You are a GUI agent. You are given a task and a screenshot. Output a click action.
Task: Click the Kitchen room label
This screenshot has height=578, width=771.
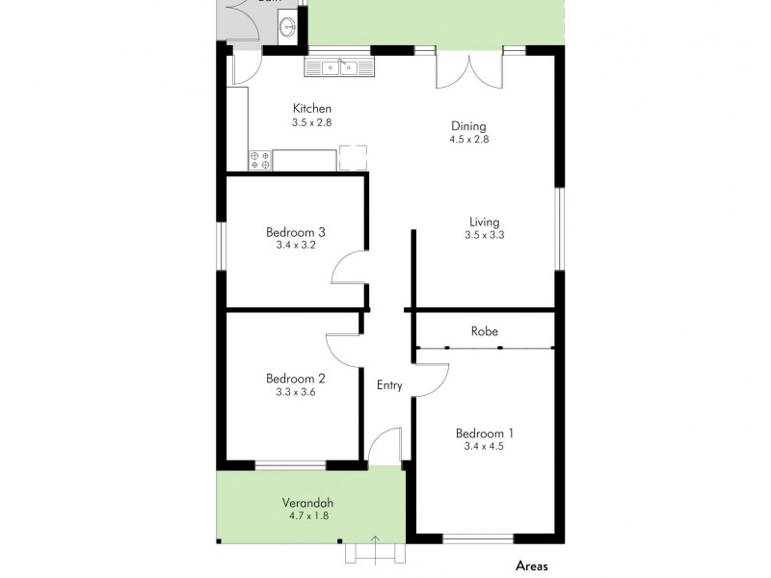tap(311, 109)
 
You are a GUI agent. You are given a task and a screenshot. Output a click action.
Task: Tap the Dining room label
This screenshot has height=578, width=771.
tap(469, 126)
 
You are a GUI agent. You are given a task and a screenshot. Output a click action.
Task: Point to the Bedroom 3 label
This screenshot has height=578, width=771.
tap(296, 231)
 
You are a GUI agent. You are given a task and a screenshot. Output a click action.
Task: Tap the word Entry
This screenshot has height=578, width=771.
tap(389, 385)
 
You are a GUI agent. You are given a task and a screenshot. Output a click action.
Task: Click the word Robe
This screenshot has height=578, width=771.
tap(484, 331)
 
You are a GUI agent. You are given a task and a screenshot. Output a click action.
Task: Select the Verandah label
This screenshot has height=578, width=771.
tap(308, 503)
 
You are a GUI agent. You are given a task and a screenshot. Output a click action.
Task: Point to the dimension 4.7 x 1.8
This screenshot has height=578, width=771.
tap(308, 516)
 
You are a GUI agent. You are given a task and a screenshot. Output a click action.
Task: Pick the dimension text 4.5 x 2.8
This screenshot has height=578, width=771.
tap(469, 140)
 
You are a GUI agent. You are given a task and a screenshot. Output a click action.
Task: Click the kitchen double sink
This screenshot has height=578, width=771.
tap(341, 66)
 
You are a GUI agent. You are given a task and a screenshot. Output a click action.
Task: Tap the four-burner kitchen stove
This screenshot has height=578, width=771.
tap(259, 160)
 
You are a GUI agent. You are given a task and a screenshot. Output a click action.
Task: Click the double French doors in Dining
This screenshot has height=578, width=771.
tap(469, 69)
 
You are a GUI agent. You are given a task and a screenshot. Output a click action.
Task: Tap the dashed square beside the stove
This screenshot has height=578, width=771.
tap(353, 158)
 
